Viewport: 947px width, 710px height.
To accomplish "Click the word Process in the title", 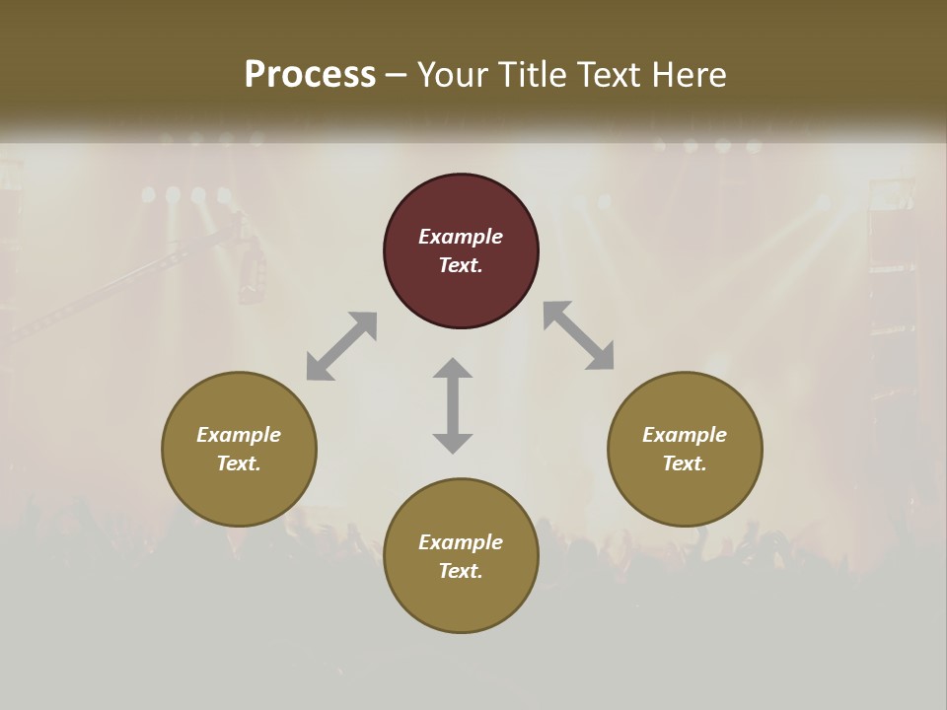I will pyautogui.click(x=310, y=75).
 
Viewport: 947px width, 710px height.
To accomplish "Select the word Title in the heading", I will pyautogui.click(x=532, y=75).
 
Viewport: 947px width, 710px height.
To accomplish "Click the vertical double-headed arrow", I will pyautogui.click(x=453, y=405).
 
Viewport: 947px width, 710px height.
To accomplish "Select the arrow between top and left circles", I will pyautogui.click(x=341, y=346).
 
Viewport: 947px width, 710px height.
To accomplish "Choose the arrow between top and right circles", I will pyautogui.click(x=579, y=335).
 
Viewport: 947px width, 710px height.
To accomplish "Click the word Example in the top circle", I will pyautogui.click(x=461, y=237).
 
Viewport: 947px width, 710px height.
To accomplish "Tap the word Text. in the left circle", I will pyautogui.click(x=239, y=463).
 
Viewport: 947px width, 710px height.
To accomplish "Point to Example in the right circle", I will pyautogui.click(x=685, y=435).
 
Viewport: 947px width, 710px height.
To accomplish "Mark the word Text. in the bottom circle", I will pyautogui.click(x=461, y=571).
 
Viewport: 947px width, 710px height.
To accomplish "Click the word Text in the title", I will pyautogui.click(x=607, y=75).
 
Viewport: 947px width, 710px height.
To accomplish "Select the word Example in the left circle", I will pyautogui.click(x=239, y=435).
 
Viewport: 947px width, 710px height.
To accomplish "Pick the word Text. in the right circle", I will pyautogui.click(x=685, y=463).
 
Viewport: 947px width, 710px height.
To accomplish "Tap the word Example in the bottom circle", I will pyautogui.click(x=461, y=542).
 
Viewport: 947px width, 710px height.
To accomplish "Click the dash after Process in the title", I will pyautogui.click(x=397, y=76).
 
